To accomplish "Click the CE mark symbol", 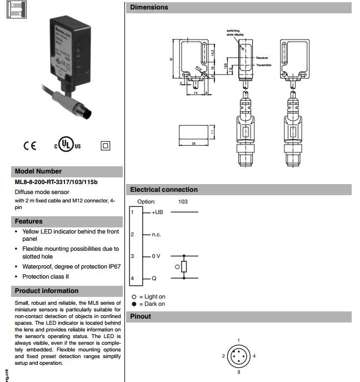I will [x=29, y=146].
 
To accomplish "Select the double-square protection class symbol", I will [x=105, y=145].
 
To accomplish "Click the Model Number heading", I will [x=38, y=171].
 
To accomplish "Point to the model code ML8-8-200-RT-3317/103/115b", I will [x=56, y=182].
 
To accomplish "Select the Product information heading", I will [x=47, y=291].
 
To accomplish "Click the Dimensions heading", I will [x=148, y=8].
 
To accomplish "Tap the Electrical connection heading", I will [x=163, y=190].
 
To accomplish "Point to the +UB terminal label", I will [x=157, y=212].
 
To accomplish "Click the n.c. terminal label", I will [x=156, y=235].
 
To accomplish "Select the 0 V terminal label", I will [x=156, y=256].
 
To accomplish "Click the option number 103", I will [x=183, y=201].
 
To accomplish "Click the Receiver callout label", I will [x=262, y=58].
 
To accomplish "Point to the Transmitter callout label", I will [x=264, y=65].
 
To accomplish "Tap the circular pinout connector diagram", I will [x=238, y=356].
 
